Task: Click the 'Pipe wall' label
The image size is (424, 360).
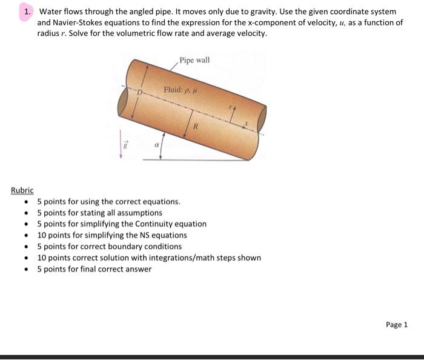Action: click(x=194, y=61)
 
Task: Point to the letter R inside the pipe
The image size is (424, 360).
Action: click(x=196, y=126)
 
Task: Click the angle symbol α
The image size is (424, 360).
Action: click(x=156, y=145)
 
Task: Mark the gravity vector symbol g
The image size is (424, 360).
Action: click(x=125, y=145)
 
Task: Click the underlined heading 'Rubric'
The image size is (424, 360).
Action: click(x=22, y=190)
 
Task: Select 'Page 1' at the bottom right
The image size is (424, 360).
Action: click(x=397, y=324)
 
